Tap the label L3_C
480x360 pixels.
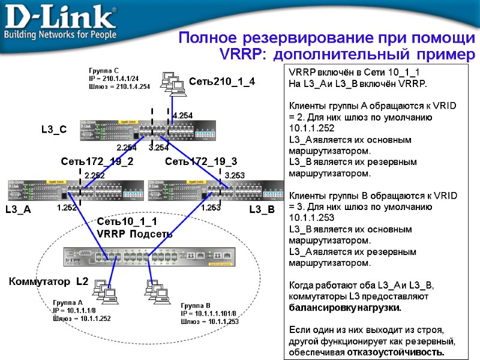click(x=53, y=129)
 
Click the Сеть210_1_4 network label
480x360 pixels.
click(x=222, y=81)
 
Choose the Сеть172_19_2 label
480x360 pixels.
click(x=97, y=161)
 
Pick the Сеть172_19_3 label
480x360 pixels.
click(x=201, y=161)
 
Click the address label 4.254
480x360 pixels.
click(x=182, y=115)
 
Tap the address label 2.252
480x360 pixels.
click(x=94, y=175)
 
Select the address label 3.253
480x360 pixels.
click(x=235, y=175)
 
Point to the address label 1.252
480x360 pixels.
click(x=67, y=208)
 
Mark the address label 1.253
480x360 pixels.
click(x=211, y=208)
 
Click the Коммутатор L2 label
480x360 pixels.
click(x=48, y=281)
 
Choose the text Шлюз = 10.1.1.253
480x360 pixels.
click(x=210, y=322)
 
